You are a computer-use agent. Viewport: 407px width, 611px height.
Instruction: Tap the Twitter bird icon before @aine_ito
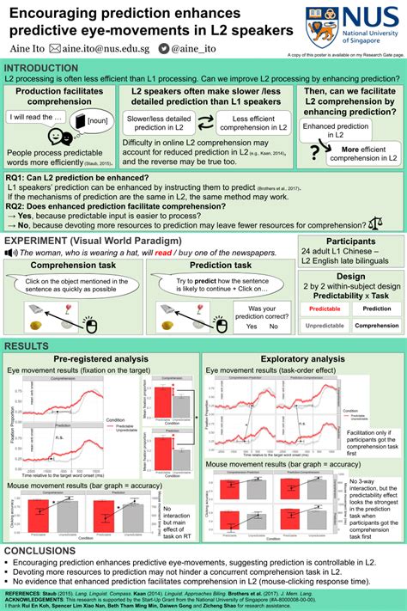click(186, 50)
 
